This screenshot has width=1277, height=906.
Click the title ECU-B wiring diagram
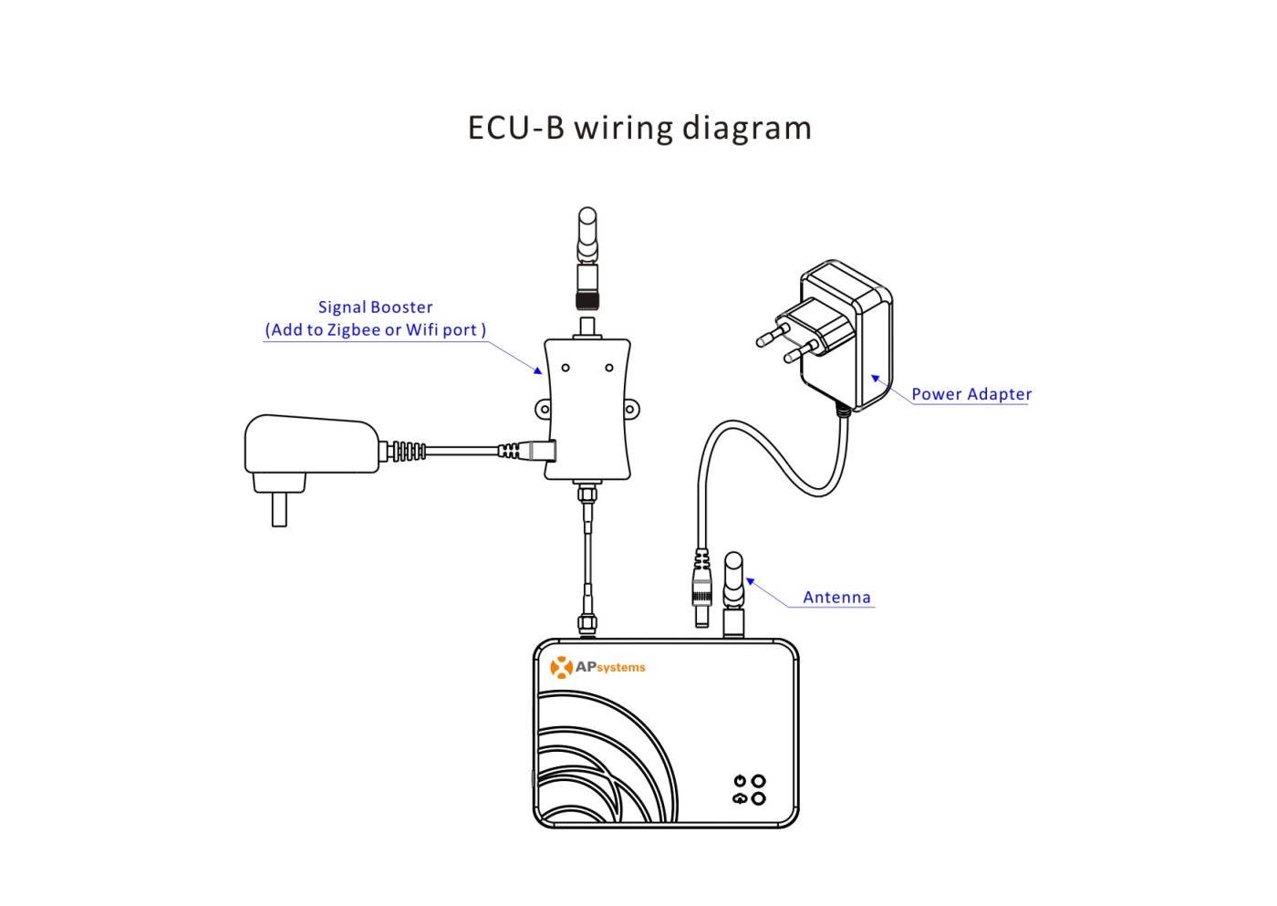click(639, 129)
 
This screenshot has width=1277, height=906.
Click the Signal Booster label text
click(375, 307)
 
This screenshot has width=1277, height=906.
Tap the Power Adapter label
click(971, 394)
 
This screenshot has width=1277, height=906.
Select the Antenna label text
click(836, 597)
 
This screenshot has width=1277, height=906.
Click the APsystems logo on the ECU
click(597, 667)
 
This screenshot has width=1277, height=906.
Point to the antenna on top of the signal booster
click(587, 258)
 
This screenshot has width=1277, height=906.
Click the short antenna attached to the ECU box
click(733, 594)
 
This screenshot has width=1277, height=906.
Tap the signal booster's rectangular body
click(587, 410)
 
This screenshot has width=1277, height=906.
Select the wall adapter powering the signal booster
click(311, 456)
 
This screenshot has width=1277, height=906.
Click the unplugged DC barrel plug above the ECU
click(701, 588)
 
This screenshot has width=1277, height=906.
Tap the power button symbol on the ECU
click(740, 780)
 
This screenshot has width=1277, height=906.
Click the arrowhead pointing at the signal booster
click(538, 370)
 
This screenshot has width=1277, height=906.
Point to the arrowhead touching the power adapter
click(875, 378)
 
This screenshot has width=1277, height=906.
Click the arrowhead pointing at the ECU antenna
click(750, 581)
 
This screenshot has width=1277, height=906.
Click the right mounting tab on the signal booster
click(631, 409)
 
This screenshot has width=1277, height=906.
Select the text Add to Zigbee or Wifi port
click(375, 330)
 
